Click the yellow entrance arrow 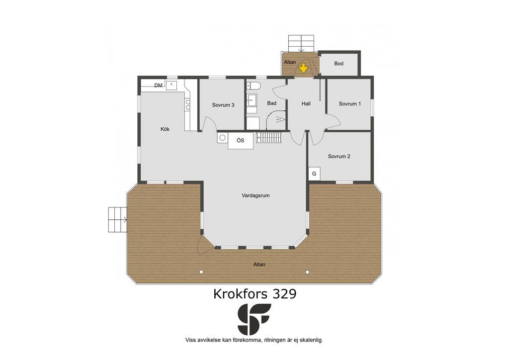pyautogui.click(x=303, y=68)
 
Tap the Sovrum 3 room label pyautogui.click(x=223, y=105)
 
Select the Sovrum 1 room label pyautogui.click(x=349, y=104)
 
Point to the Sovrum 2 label pyautogui.click(x=339, y=157)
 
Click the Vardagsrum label pyautogui.click(x=255, y=195)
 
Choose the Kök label pyautogui.click(x=165, y=129)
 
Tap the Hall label pyautogui.click(x=306, y=104)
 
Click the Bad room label pyautogui.click(x=272, y=103)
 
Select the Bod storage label pyautogui.click(x=339, y=64)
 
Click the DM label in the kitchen pyautogui.click(x=159, y=86)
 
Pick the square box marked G pyautogui.click(x=314, y=174)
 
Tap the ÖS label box pyautogui.click(x=241, y=141)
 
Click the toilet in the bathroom pyautogui.click(x=254, y=86)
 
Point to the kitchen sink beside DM pyautogui.click(x=171, y=85)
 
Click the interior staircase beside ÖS pyautogui.click(x=269, y=137)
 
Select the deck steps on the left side pyautogui.click(x=117, y=219)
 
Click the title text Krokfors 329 pyautogui.click(x=255, y=294)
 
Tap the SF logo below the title pyautogui.click(x=254, y=319)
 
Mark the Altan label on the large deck pyautogui.click(x=259, y=265)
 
